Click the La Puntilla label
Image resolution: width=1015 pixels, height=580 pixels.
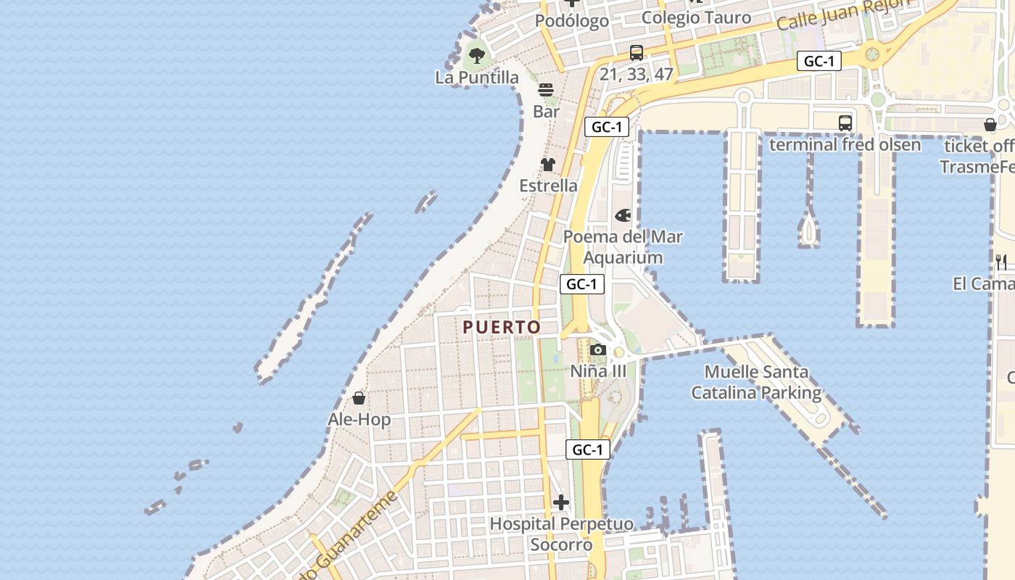(x=477, y=77)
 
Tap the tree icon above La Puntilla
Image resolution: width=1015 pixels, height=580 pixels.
(x=476, y=54)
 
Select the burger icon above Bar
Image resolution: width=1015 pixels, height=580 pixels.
(x=546, y=90)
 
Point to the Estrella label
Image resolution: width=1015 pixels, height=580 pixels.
(x=549, y=186)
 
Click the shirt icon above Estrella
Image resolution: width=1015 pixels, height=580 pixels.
(x=548, y=165)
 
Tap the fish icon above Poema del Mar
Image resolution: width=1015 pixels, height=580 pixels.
(x=623, y=215)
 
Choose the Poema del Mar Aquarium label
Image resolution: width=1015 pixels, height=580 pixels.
(x=623, y=247)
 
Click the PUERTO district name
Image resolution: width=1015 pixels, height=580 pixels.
(x=502, y=327)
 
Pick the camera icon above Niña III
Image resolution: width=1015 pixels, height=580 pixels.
(x=598, y=350)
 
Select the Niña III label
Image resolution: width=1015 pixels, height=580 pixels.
(x=598, y=371)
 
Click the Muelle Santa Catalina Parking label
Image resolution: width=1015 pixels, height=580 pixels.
(x=756, y=383)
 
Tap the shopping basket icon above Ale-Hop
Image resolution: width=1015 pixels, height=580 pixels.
(x=359, y=398)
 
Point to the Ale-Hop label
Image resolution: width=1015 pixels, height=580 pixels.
(x=359, y=419)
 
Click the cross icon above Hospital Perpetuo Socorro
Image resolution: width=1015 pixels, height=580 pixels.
(x=561, y=502)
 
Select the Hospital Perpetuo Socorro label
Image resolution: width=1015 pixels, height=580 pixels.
(x=561, y=534)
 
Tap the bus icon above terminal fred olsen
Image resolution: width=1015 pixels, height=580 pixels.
(x=845, y=123)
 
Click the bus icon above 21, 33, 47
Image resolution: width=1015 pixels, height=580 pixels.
(x=637, y=53)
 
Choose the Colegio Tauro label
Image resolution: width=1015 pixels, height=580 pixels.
(x=696, y=18)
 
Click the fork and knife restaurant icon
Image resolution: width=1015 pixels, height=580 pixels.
(x=1001, y=262)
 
